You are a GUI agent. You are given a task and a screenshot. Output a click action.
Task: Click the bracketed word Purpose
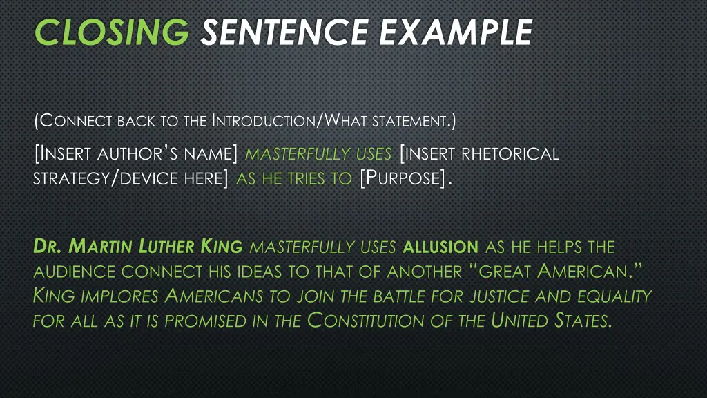[402, 179]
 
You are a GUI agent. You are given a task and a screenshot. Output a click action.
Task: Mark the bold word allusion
[440, 247]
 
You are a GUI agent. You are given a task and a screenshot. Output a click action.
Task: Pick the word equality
[619, 296]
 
